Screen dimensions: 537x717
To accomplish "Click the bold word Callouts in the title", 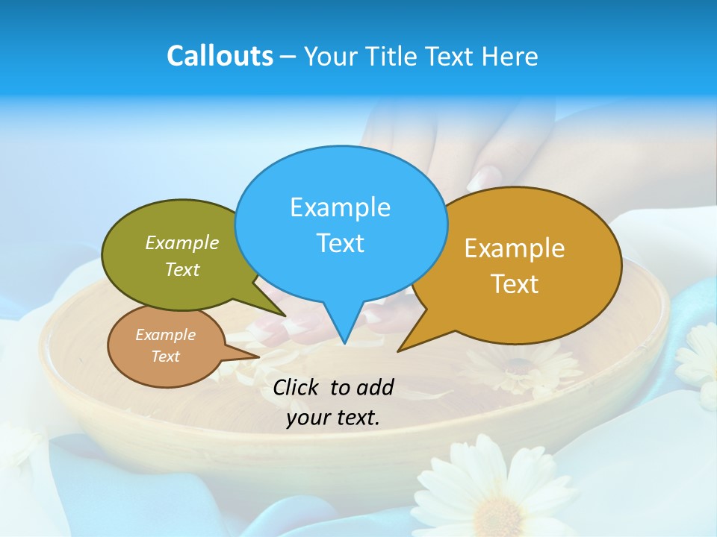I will [220, 57].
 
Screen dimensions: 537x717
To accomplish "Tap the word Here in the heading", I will [509, 57].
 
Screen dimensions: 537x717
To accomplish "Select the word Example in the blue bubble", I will [340, 207].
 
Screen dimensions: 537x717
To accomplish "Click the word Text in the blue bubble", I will [340, 243].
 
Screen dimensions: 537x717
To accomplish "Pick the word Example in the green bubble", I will [181, 243].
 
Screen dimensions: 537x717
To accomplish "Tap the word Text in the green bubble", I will [181, 270].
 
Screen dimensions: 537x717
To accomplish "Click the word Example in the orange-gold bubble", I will [515, 248].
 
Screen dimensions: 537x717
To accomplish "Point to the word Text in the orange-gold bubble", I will [515, 284].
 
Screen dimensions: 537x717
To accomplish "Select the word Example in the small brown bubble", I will [165, 335].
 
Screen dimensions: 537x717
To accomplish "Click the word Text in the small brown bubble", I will [165, 357].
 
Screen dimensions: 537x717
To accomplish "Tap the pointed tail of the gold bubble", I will [402, 348].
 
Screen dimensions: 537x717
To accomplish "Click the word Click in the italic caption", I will [297, 387].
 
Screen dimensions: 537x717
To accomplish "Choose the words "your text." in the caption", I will [332, 418].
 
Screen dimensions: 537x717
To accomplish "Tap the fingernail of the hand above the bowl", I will [486, 176].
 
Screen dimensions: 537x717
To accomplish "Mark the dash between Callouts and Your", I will [288, 57].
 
